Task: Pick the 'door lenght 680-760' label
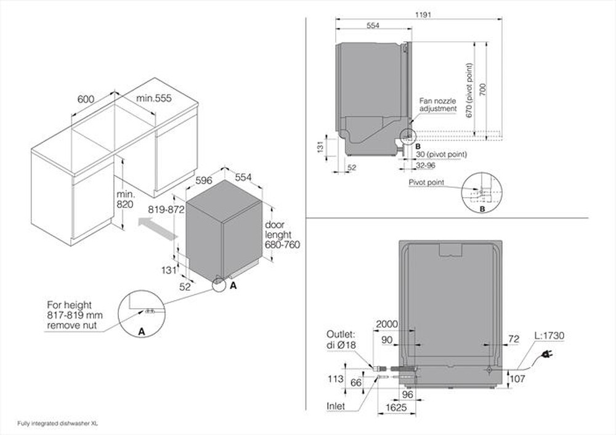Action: [x=282, y=235]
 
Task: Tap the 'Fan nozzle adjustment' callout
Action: [x=438, y=104]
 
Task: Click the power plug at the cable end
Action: [x=545, y=355]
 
